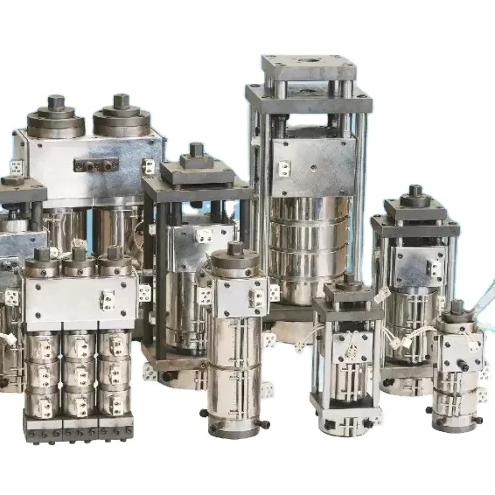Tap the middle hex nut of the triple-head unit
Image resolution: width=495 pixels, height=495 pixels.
[80, 255]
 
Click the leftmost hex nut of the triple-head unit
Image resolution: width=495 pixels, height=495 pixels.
[42, 254]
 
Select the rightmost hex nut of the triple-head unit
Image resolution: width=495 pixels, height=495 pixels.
[114, 254]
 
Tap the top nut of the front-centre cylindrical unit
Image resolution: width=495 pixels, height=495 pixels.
[234, 250]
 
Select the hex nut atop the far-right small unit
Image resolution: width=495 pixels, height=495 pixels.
[457, 308]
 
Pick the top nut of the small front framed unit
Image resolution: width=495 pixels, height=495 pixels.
[349, 280]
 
